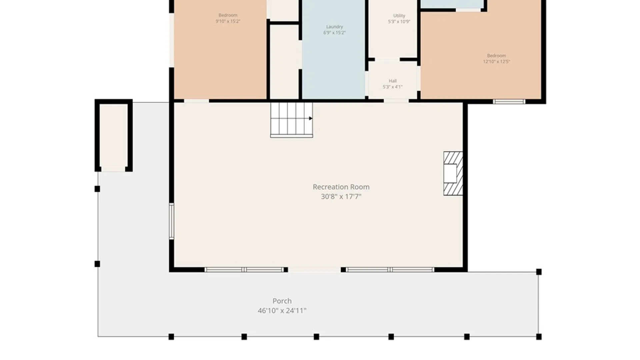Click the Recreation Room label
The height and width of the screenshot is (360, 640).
tap(341, 187)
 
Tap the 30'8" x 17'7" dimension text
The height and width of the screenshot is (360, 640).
tap(341, 197)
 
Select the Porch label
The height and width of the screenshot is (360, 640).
tap(282, 301)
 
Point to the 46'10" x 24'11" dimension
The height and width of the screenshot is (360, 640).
tap(282, 311)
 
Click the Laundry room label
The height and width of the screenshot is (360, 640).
tap(334, 27)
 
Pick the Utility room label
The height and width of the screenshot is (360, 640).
tap(399, 16)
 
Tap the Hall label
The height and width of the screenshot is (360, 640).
tap(393, 81)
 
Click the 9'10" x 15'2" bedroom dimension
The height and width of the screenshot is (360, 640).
tap(228, 21)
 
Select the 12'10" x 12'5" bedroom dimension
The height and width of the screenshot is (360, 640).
tap(496, 62)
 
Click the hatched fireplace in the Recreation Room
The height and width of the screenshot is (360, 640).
tap(453, 173)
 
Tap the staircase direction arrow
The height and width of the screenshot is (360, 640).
tap(311, 118)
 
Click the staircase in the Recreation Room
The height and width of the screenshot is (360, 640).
tap(291, 120)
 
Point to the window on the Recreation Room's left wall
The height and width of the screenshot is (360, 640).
tap(171, 221)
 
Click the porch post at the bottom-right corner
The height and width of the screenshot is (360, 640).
tap(539, 337)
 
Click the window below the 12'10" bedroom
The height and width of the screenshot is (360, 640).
tap(509, 102)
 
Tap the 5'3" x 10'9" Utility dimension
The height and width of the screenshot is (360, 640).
tap(399, 22)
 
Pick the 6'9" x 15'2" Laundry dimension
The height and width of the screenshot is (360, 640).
tap(334, 33)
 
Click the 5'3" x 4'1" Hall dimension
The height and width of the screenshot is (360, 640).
tap(393, 87)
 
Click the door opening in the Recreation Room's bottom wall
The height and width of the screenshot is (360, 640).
tap(315, 269)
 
